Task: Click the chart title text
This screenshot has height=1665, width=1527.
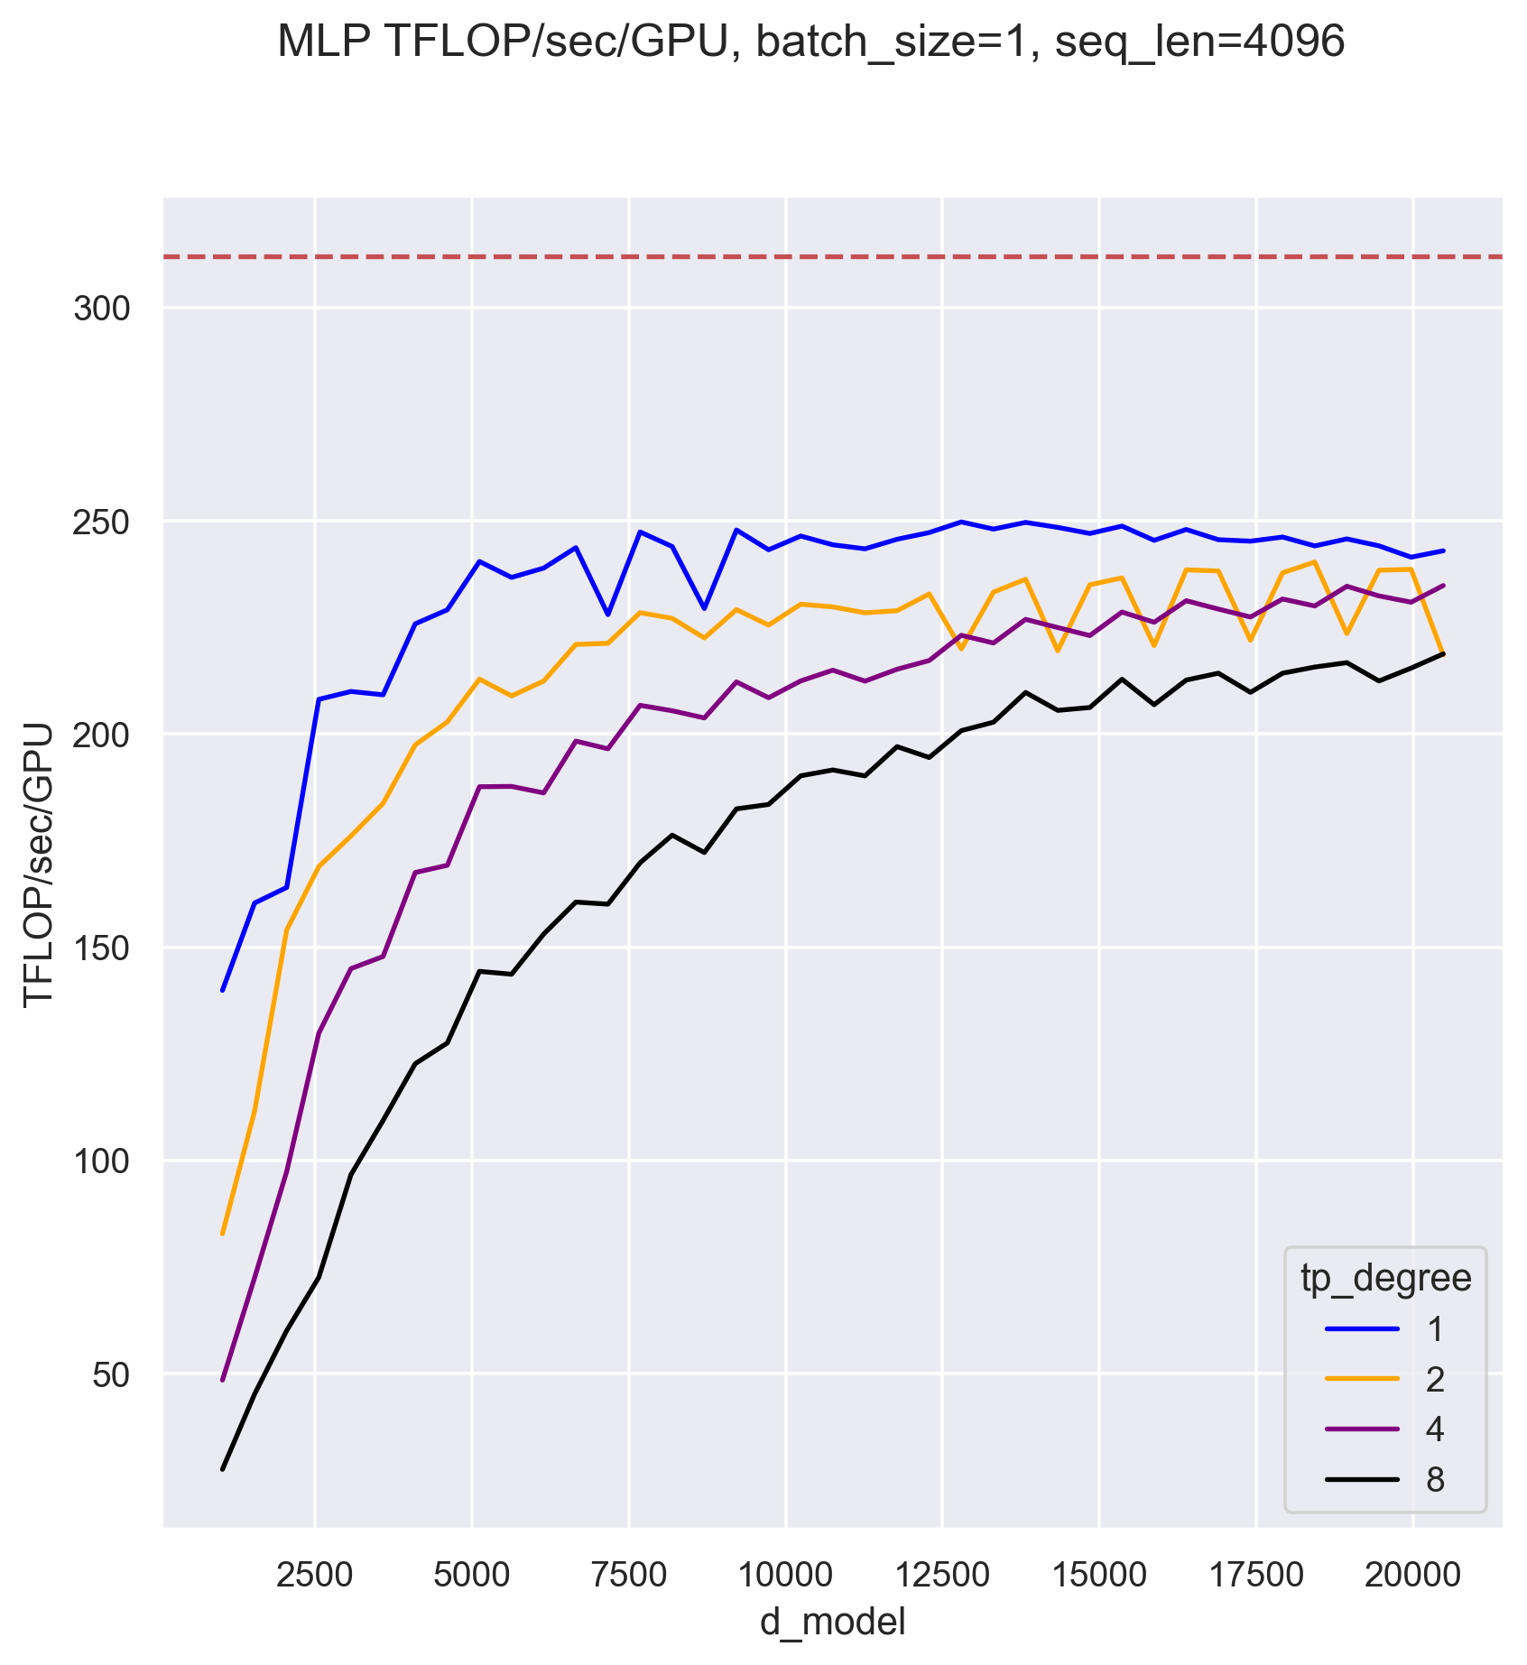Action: coord(810,42)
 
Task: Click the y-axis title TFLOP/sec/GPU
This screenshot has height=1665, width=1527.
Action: coord(39,864)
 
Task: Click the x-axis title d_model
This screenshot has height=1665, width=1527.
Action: coord(832,1621)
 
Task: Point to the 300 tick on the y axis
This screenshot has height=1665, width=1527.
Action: coord(101,310)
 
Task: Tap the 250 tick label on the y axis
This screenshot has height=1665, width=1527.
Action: coord(101,523)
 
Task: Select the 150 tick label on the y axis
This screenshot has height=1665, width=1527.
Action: coord(101,948)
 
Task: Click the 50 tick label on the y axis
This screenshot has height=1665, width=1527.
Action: coord(112,1374)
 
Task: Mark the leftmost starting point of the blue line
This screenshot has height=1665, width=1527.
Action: coord(222,990)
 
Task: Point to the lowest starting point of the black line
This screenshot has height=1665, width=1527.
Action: coord(222,1470)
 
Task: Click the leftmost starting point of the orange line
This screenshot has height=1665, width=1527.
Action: coord(222,1233)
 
